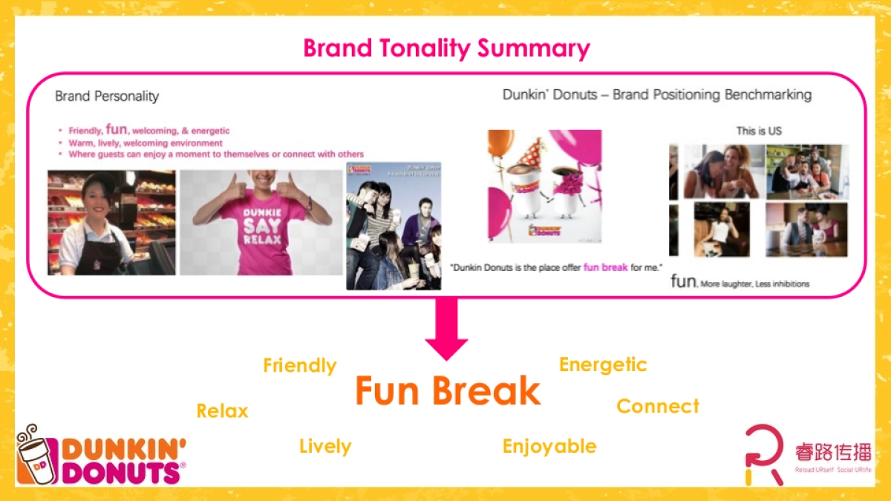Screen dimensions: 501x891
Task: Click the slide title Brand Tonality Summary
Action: [446, 49]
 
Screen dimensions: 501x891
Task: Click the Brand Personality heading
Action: [107, 96]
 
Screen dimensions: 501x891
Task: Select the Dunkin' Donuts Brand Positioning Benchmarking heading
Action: [656, 95]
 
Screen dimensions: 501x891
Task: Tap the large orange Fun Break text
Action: [447, 391]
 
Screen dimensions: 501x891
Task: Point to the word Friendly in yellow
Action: [299, 366]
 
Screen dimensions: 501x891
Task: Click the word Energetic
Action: [602, 365]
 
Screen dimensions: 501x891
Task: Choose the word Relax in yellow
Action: [222, 411]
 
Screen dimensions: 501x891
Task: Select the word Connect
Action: [657, 407]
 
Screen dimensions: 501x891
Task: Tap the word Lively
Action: [324, 447]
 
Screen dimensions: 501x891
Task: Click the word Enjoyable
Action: [549, 447]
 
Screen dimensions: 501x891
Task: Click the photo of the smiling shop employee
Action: [111, 223]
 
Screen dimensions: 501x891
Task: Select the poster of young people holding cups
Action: [393, 226]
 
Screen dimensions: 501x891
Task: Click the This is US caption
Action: [758, 131]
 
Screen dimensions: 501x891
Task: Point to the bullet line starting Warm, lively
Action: [146, 143]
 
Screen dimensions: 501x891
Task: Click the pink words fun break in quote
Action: [605, 267]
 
